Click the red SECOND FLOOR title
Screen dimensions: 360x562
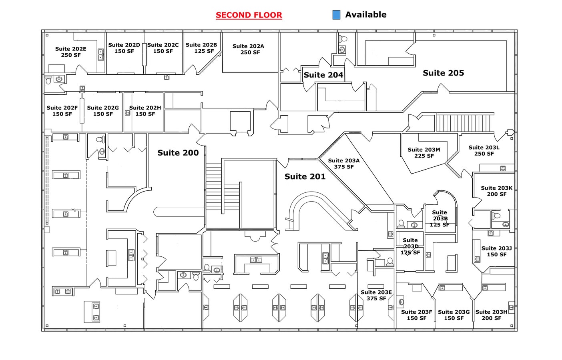[x=249, y=15]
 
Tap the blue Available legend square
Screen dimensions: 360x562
[x=336, y=15]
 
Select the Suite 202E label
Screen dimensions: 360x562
[x=71, y=52]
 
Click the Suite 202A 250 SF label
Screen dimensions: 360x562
[x=248, y=49]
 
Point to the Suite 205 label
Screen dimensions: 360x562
[x=443, y=73]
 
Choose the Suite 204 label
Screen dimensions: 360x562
[x=323, y=75]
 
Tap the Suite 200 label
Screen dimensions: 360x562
[x=178, y=153]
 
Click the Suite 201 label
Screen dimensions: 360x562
[x=305, y=176]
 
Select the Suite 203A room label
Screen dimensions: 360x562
[x=343, y=164]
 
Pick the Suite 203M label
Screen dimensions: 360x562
[x=424, y=152]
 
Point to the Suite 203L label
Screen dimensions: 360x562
[x=484, y=150]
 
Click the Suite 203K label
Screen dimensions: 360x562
[x=496, y=191]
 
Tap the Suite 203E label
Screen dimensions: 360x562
[x=376, y=295]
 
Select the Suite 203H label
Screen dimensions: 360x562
[x=491, y=315]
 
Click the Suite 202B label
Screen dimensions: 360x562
[x=201, y=48]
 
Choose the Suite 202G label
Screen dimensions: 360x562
[x=103, y=111]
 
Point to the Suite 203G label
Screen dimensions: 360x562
[x=454, y=315]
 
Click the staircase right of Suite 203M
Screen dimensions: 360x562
[x=464, y=123]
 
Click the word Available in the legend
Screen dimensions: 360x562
[x=365, y=15]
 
